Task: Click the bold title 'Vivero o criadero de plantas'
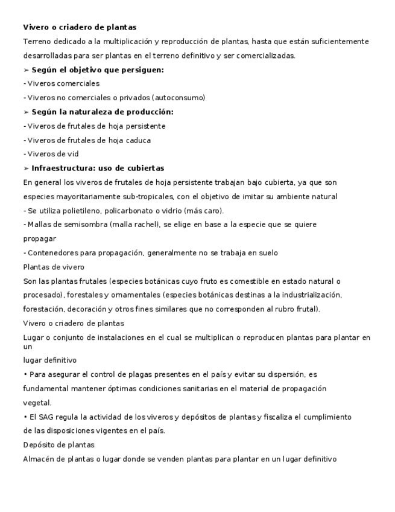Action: pyautogui.click(x=80, y=27)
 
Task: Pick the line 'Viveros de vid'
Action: pyautogui.click(x=52, y=154)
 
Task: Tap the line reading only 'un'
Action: pyautogui.click(x=27, y=347)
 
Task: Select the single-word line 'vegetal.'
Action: pyautogui.click(x=37, y=403)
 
